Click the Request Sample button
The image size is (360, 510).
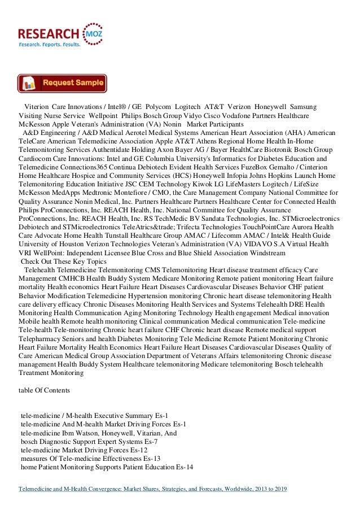pos(62,83)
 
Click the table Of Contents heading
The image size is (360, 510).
pos(44,391)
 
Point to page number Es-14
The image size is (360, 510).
pos(185,468)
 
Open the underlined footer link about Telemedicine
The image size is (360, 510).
pos(153,489)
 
